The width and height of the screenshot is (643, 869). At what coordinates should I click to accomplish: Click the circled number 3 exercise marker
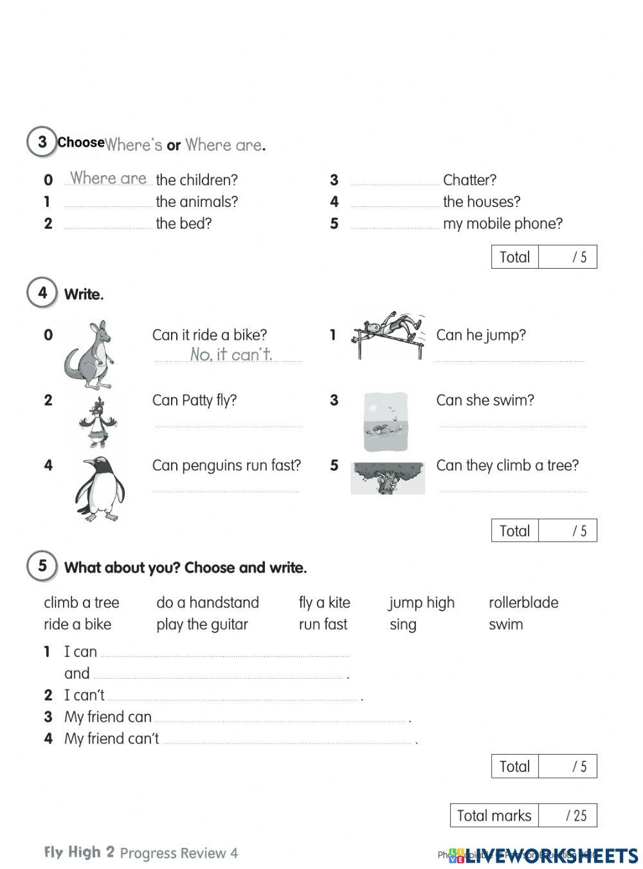click(x=42, y=141)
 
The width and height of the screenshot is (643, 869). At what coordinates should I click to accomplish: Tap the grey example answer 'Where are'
click(x=108, y=178)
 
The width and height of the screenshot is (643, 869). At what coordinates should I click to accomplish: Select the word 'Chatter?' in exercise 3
click(x=469, y=180)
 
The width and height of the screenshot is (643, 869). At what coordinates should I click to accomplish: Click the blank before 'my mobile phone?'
click(x=395, y=224)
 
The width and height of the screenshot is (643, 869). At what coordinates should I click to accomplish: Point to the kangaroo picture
click(x=89, y=355)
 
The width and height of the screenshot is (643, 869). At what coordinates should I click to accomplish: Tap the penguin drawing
click(x=100, y=488)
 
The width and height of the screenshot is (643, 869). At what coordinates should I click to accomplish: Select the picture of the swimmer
click(x=385, y=422)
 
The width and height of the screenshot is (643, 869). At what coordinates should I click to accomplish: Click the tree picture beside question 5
click(x=387, y=478)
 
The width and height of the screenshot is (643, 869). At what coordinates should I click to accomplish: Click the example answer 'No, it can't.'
click(x=231, y=354)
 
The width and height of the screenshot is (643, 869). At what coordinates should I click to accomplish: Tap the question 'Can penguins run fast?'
click(x=226, y=465)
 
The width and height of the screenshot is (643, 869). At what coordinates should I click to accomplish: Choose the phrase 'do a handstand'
click(x=208, y=603)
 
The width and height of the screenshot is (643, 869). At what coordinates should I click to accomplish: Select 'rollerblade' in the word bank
click(x=523, y=603)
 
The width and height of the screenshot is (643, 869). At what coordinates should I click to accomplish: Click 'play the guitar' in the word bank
click(x=202, y=625)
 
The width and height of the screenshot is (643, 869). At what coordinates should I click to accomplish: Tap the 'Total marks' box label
click(x=494, y=816)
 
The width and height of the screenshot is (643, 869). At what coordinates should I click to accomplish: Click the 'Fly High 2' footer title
click(x=79, y=852)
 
